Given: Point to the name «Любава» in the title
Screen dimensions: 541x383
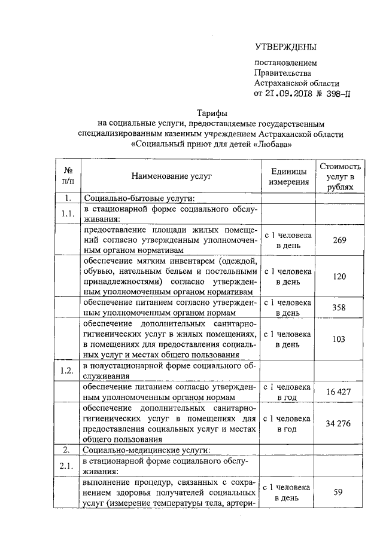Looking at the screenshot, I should (x=272, y=144).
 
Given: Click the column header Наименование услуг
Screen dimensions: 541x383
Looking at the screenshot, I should (x=172, y=176).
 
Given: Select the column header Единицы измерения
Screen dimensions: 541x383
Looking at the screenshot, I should (x=288, y=176).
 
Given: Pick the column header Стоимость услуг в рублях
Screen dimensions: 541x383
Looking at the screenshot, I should (x=340, y=176).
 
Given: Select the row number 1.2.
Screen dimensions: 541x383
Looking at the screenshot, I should (x=68, y=371).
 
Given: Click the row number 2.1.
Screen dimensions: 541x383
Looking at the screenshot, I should (x=68, y=466).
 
